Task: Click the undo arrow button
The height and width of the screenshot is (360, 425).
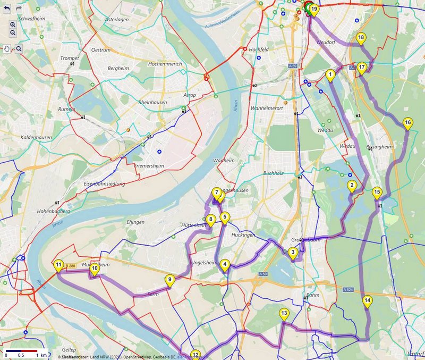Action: coord(7,9)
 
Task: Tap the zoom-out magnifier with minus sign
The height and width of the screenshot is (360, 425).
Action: coord(13,33)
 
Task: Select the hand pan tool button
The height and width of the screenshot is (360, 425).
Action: coord(7,49)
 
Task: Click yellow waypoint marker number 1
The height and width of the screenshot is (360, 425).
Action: coord(330,75)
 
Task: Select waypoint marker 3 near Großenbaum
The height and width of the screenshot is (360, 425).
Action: coord(293,253)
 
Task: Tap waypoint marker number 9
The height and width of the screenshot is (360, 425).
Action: coord(169,280)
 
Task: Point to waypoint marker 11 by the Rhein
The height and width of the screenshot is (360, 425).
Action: coord(58,265)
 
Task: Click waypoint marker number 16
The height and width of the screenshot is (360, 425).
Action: coord(407,123)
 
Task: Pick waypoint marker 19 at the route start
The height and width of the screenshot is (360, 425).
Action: coord(314,10)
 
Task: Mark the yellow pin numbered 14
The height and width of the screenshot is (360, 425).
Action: coord(368,301)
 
